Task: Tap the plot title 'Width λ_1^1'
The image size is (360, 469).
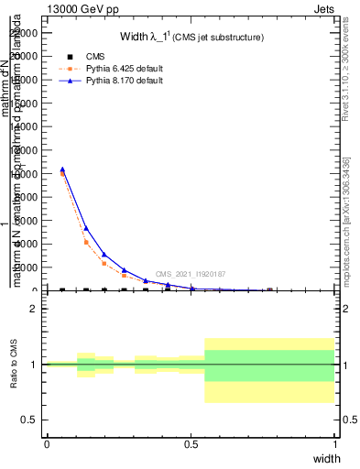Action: [191, 37]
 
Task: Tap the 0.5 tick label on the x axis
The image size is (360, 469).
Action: [191, 443]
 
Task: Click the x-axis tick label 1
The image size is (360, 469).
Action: [334, 443]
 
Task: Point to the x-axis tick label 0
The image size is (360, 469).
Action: [47, 443]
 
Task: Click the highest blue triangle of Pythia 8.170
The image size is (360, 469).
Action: [61, 169]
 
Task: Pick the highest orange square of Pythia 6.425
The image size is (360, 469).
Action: [61, 173]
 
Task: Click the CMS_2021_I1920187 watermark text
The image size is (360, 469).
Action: [190, 274]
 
